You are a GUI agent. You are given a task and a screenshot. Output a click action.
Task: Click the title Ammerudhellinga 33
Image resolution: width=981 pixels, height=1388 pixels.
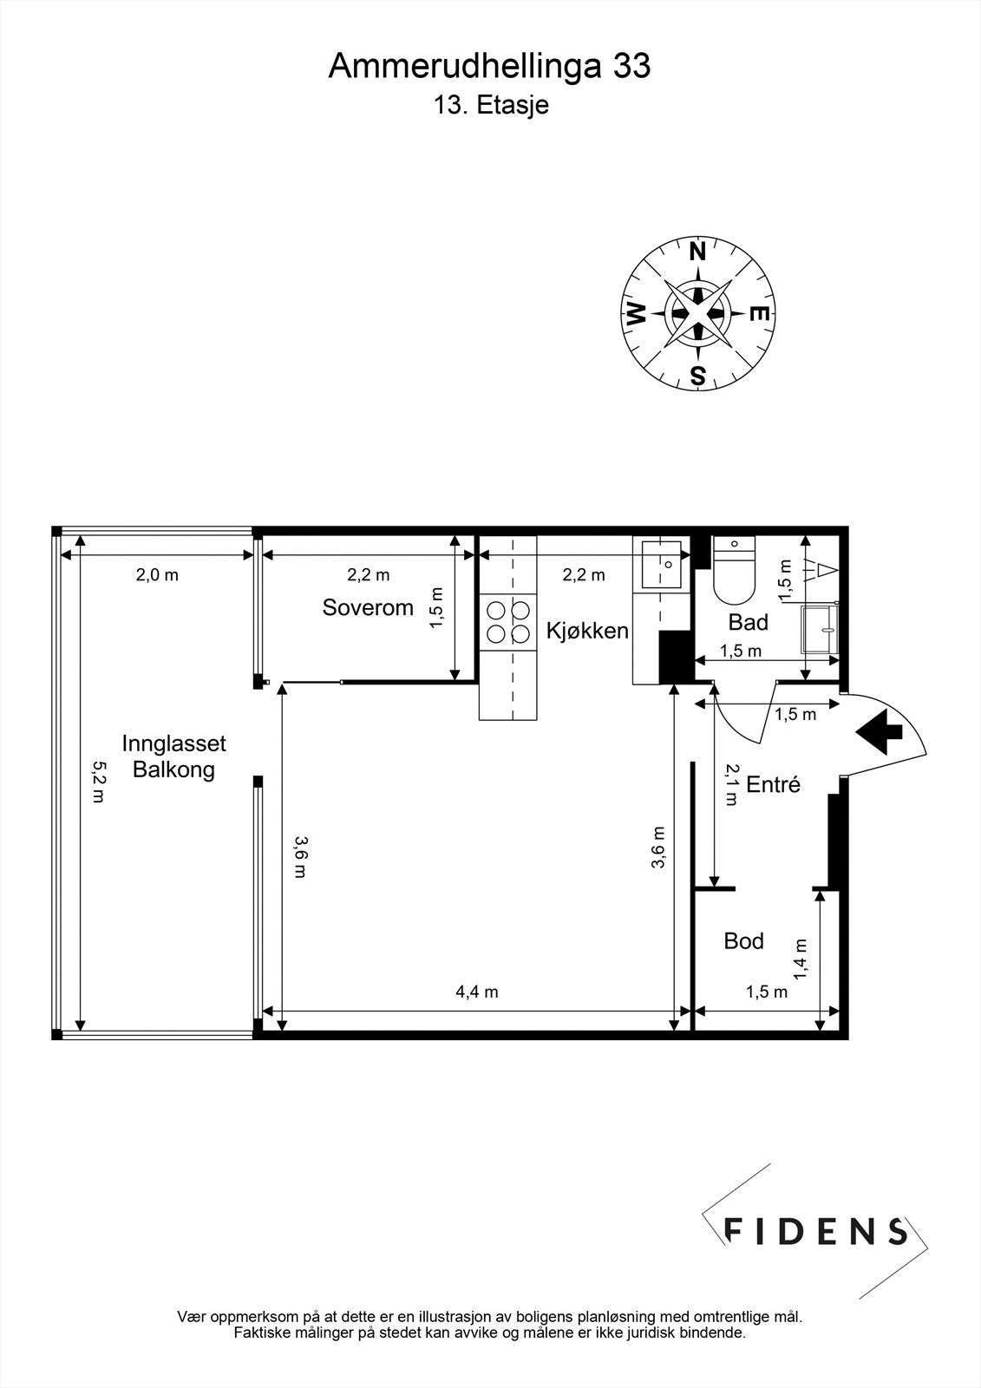(489, 67)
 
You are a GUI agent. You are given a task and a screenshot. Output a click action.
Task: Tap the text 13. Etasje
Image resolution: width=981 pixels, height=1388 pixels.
(491, 106)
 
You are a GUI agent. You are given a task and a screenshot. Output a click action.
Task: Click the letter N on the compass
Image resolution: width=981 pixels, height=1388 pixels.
(697, 252)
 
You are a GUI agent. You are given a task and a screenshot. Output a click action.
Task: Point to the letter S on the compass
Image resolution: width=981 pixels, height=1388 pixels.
(697, 376)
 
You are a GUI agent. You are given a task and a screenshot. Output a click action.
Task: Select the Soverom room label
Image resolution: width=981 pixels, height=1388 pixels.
(368, 607)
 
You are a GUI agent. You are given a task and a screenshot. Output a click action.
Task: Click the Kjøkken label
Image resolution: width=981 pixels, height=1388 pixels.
(587, 631)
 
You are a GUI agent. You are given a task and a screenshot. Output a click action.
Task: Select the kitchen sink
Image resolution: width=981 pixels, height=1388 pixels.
(661, 563)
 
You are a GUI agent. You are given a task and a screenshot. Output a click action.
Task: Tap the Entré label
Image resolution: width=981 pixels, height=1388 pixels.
(773, 785)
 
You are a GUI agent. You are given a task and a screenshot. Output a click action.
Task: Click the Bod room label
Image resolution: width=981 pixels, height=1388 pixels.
(743, 941)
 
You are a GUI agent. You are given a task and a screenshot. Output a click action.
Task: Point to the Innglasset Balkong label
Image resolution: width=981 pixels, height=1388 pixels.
(173, 756)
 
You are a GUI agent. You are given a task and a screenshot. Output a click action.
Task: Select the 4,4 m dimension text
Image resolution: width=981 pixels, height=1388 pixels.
(477, 992)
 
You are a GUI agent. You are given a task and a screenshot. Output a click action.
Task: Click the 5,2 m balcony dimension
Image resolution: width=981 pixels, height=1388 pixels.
(97, 782)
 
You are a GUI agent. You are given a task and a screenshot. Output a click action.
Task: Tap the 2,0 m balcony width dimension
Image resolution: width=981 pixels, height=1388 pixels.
(157, 574)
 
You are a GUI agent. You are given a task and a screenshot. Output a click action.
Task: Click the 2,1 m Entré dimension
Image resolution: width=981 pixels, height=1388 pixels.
(731, 785)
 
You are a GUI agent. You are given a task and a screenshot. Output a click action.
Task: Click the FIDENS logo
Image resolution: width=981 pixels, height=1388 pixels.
(816, 1231)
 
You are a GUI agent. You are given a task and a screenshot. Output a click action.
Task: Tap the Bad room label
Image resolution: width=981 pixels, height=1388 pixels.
(748, 622)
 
